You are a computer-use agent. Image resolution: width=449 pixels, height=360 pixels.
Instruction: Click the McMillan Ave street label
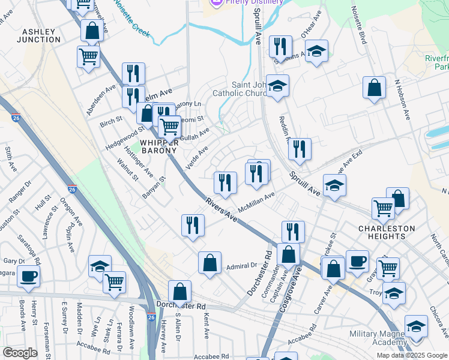point(256,202)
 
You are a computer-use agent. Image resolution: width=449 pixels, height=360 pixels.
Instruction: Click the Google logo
point(20,353)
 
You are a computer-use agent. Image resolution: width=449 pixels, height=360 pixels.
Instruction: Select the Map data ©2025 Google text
point(412,355)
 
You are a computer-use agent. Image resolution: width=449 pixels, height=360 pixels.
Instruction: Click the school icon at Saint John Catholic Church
point(277,86)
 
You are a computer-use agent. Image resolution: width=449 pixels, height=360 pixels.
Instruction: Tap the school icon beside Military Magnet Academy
point(416,326)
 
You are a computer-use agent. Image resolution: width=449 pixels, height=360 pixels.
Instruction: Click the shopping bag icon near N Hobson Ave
point(374,88)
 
